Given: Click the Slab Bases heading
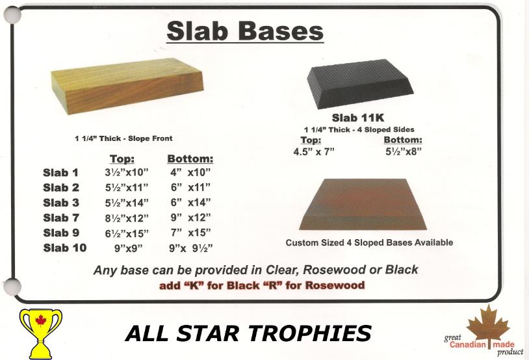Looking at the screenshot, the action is (x=245, y=31).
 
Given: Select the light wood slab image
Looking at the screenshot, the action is (x=127, y=86).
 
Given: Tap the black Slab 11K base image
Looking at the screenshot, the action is (x=360, y=84).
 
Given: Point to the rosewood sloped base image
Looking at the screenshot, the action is (x=363, y=205).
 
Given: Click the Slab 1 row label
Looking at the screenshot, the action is (x=60, y=173).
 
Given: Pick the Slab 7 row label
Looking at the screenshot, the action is (x=61, y=218).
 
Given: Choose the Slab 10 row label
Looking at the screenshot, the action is (x=65, y=248).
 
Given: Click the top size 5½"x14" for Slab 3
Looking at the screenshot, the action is (x=127, y=203).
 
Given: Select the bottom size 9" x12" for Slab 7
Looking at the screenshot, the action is (x=190, y=218).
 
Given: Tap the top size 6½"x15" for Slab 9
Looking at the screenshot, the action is (x=127, y=233).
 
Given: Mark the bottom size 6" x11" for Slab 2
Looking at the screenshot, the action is (x=190, y=187).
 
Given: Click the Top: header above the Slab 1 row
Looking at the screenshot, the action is (x=122, y=159).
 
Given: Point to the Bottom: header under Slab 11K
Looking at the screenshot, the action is (x=403, y=140).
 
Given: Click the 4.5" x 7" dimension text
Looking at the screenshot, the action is (x=314, y=152).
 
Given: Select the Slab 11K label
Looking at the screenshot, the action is (x=358, y=118).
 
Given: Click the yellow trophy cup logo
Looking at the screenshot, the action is (x=41, y=333).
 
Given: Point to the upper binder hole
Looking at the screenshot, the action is (x=12, y=15).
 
